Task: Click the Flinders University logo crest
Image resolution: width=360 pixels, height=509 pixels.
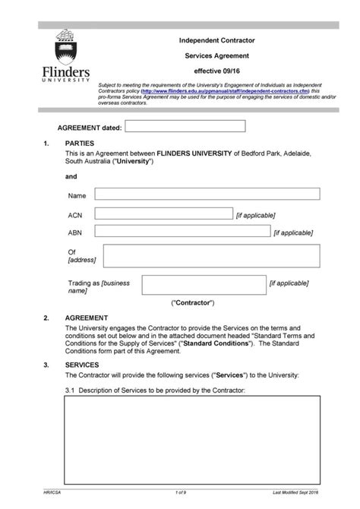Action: (65, 45)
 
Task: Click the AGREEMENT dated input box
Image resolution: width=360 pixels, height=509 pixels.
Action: (185, 126)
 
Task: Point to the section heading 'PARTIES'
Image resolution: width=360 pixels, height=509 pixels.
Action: (79, 144)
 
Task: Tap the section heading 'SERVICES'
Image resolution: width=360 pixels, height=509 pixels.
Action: (82, 365)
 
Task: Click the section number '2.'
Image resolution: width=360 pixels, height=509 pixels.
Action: (46, 318)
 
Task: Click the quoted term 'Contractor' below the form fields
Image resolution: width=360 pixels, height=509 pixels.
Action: (194, 302)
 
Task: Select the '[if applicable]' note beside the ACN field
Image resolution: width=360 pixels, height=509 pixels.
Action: (256, 215)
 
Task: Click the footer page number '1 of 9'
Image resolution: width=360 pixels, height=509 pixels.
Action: (180, 495)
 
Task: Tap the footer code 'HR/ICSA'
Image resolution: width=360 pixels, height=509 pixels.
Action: (54, 495)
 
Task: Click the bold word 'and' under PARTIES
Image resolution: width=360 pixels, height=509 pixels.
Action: (71, 176)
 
